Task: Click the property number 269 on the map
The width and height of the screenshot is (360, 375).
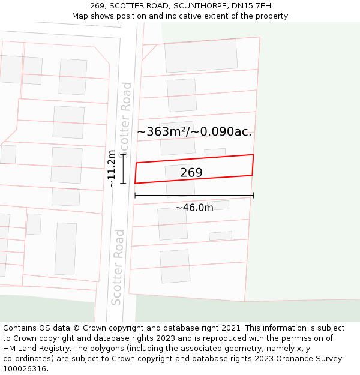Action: (191, 173)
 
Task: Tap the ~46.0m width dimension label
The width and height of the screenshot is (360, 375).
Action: (194, 208)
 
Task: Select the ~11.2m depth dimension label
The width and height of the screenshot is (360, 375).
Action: (112, 169)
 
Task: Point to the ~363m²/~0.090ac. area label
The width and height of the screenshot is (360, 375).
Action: (194, 132)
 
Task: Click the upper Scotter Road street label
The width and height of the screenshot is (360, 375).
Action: (125, 117)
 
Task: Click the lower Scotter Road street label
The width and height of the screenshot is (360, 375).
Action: (118, 267)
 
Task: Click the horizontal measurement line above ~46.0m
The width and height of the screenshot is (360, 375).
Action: (194, 195)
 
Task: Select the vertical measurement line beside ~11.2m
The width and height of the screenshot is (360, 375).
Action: (122, 169)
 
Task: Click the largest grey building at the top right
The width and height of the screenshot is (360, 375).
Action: (201, 56)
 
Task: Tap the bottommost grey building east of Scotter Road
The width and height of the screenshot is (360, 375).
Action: (175, 266)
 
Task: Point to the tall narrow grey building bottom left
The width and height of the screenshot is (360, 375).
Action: (65, 248)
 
